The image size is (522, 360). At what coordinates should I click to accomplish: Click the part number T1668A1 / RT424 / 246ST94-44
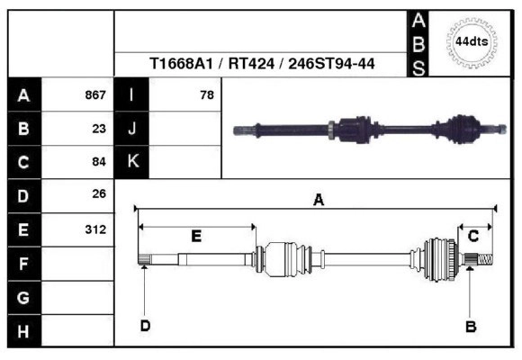click(262, 64)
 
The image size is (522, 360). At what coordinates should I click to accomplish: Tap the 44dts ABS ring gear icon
click(471, 42)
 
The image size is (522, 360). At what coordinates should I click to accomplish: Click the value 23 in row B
click(99, 129)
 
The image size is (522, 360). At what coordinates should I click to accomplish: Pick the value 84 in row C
click(99, 162)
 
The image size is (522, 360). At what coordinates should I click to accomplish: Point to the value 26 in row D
click(99, 194)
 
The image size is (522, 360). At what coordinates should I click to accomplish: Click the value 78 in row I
click(207, 95)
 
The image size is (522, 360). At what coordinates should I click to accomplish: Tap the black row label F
click(23, 264)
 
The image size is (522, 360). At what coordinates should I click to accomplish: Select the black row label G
click(23, 297)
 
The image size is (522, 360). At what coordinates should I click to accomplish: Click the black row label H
click(23, 331)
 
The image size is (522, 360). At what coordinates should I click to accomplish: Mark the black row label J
click(132, 129)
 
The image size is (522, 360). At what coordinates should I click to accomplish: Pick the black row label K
click(132, 162)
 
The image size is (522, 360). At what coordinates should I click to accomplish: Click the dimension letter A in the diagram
click(318, 201)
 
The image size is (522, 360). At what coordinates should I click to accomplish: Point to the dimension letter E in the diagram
click(196, 236)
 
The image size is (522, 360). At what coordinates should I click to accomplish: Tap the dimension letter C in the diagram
click(472, 236)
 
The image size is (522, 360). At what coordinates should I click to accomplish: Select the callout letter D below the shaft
click(145, 326)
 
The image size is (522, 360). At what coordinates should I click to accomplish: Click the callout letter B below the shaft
click(470, 327)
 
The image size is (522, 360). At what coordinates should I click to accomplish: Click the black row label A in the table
click(23, 95)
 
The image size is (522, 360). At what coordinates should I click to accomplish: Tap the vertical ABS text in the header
click(418, 42)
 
